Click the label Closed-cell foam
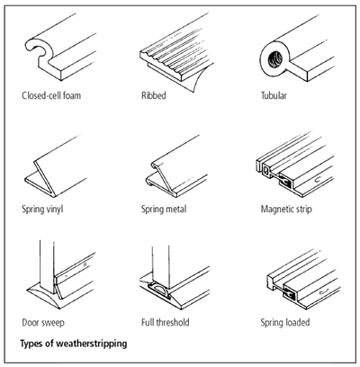click(x=51, y=95)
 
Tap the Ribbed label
click(x=154, y=95)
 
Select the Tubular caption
click(x=274, y=95)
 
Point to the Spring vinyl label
click(x=42, y=209)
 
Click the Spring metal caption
click(x=164, y=209)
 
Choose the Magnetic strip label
click(x=286, y=209)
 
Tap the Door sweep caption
click(x=43, y=323)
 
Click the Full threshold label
click(x=166, y=323)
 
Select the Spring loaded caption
click(x=285, y=323)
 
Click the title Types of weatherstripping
click(x=74, y=344)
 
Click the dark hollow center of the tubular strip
click(x=275, y=59)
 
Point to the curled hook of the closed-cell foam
click(x=36, y=48)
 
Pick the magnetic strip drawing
click(x=295, y=165)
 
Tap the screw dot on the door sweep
click(x=85, y=264)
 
